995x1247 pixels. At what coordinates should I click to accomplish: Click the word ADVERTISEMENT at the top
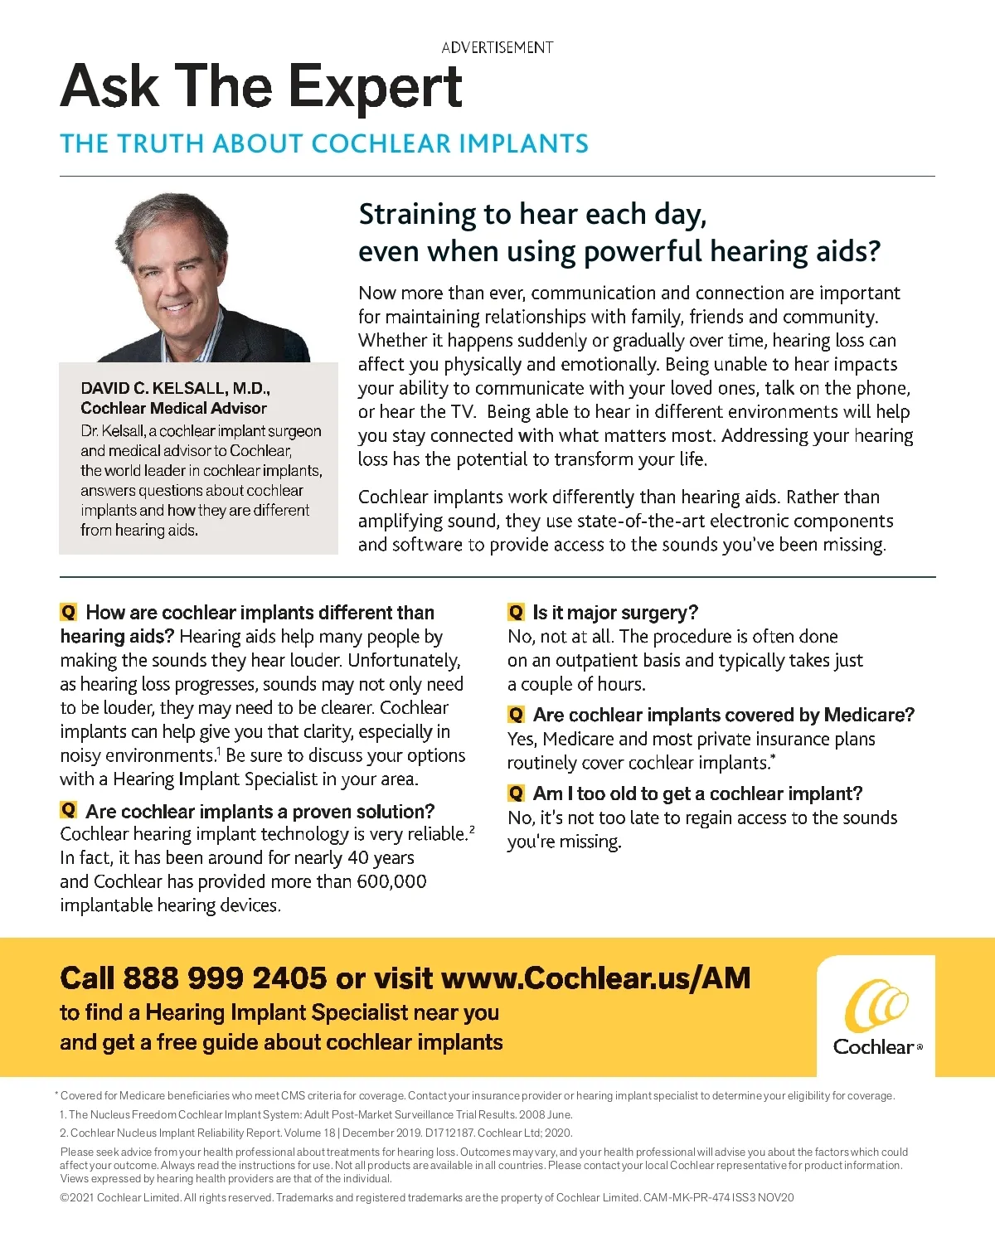497,47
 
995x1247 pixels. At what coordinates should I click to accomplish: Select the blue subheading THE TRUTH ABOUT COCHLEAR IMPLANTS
323,143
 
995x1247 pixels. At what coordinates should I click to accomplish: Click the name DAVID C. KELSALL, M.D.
175,388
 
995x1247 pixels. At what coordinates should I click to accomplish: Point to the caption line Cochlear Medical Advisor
173,408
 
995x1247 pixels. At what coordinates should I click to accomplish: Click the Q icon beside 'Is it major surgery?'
516,613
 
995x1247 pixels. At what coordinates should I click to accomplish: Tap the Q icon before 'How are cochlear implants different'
68,613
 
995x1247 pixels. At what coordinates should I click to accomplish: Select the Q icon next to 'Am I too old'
516,793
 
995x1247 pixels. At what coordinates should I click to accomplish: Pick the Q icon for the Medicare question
516,715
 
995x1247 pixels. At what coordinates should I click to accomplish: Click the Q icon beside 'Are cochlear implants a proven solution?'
68,810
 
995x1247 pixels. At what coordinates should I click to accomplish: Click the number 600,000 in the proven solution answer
391,881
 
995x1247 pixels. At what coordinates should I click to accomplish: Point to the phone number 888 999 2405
225,978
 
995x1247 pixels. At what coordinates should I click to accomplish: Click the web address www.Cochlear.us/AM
595,978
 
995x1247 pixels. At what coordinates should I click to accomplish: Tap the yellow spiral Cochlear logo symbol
876,1005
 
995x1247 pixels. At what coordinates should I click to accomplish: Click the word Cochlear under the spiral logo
873,1047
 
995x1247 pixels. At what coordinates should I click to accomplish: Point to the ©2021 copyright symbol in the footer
65,1197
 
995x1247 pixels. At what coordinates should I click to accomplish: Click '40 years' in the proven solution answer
381,858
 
